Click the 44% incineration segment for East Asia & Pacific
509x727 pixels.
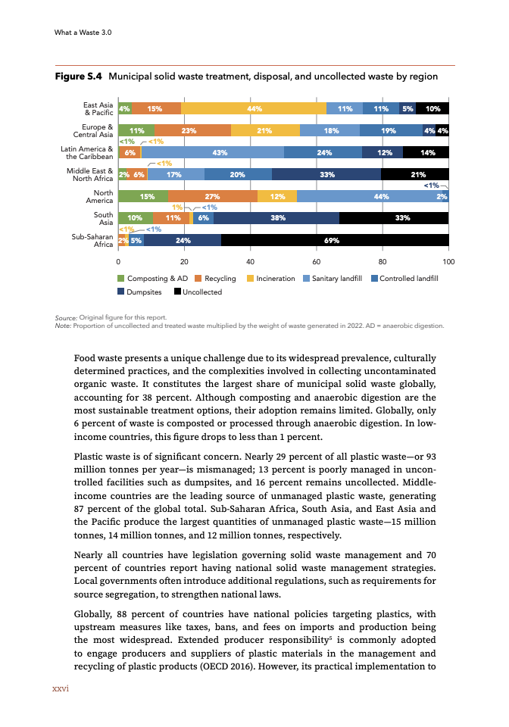pos(254,108)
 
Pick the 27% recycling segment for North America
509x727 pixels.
pos(213,197)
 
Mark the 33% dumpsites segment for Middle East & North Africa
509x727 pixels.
pos(326,174)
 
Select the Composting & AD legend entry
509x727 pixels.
pos(152,279)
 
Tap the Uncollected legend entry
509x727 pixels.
pos(198,292)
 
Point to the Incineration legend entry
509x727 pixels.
pos(271,279)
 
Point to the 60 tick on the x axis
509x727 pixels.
pos(317,262)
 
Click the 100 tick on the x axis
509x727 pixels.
pos(448,262)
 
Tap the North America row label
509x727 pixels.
pos(99,196)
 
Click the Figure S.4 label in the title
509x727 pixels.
pos(80,77)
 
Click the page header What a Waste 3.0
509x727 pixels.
pos(83,33)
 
